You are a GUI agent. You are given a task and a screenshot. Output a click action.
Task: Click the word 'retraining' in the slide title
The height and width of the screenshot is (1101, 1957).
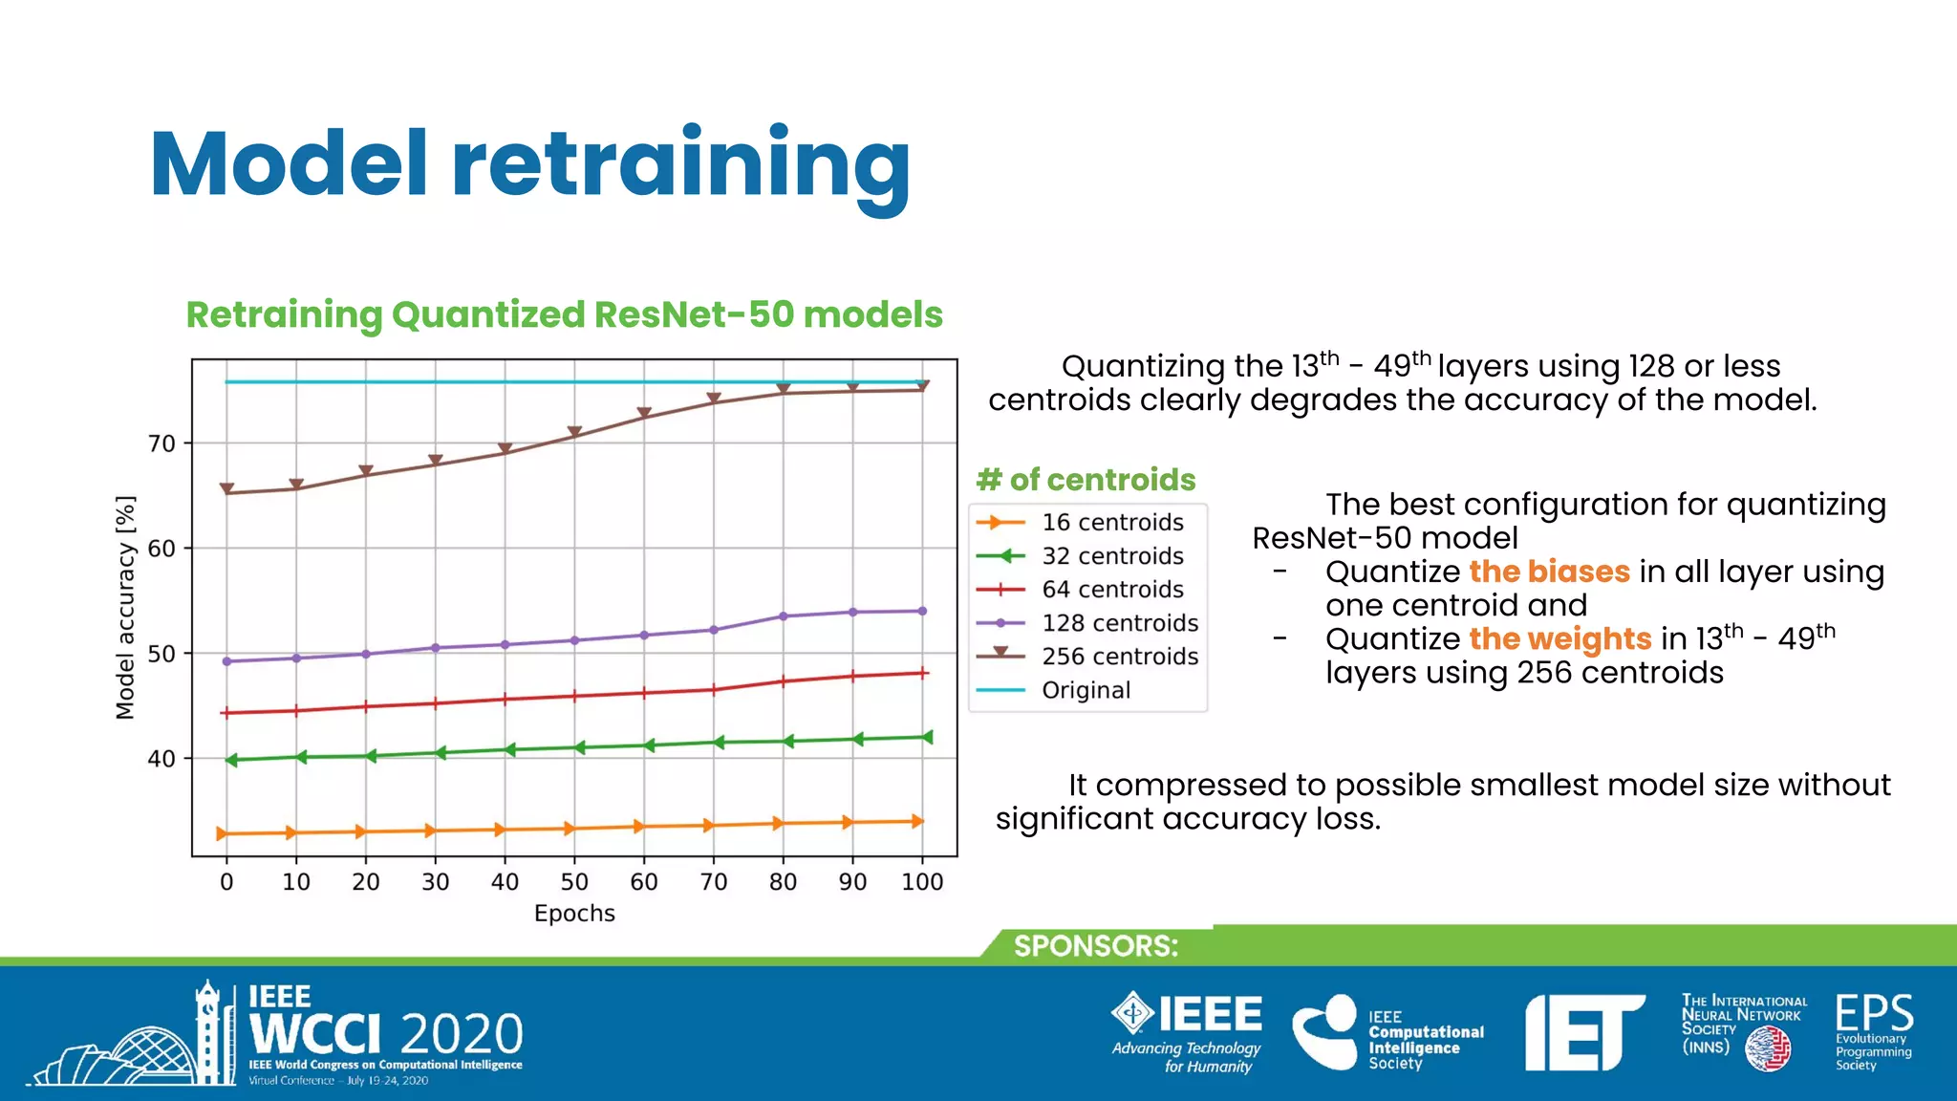pyautogui.click(x=680, y=164)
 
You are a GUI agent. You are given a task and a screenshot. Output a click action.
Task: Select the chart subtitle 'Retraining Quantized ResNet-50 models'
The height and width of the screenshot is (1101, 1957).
pyautogui.click(x=564, y=314)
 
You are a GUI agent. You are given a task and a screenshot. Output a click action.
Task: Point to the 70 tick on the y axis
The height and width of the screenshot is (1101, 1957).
pyautogui.click(x=161, y=443)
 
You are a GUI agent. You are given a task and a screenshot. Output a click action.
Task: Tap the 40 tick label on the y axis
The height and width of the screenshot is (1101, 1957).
pyautogui.click(x=161, y=759)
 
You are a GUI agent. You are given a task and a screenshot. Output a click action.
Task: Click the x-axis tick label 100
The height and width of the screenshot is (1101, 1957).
pyautogui.click(x=921, y=882)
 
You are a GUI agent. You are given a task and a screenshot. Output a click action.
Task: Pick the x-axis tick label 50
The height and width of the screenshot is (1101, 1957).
pyautogui.click(x=573, y=882)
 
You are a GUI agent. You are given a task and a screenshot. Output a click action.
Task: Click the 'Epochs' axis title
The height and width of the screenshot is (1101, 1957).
pyautogui.click(x=574, y=914)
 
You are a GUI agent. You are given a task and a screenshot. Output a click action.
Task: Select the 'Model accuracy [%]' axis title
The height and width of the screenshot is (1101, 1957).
pyautogui.click(x=125, y=608)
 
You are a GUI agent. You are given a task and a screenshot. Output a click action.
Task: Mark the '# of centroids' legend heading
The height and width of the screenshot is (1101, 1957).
pyautogui.click(x=1086, y=480)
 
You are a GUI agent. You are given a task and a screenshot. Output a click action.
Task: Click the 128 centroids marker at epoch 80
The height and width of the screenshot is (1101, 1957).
pyautogui.click(x=784, y=616)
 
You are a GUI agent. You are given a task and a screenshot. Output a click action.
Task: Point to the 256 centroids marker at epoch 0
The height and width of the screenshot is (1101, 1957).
pyautogui.click(x=226, y=489)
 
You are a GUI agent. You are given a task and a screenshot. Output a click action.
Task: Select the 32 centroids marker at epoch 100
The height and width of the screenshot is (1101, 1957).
pyautogui.click(x=926, y=737)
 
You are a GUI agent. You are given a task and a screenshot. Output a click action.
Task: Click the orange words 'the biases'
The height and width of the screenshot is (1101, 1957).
pyautogui.click(x=1549, y=572)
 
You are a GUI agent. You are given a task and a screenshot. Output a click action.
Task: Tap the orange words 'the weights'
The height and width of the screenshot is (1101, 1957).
pyautogui.click(x=1559, y=638)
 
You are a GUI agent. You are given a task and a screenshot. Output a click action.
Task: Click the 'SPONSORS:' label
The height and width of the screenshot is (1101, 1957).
pyautogui.click(x=1095, y=946)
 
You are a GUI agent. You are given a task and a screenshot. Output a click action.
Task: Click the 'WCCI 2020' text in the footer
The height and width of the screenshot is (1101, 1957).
pyautogui.click(x=386, y=1034)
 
